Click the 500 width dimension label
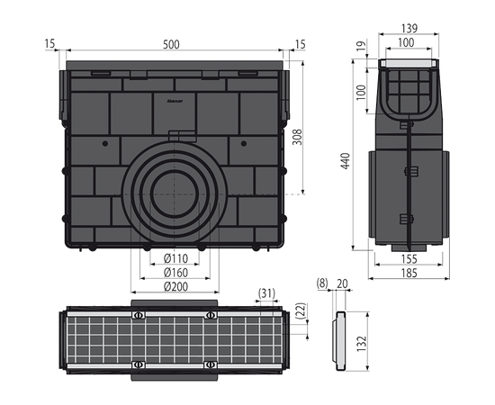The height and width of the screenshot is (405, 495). pos(171,44)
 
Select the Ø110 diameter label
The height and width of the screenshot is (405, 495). pos(175,258)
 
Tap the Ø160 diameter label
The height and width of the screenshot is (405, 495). pos(175,273)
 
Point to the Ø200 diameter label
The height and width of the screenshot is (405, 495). pos(175,286)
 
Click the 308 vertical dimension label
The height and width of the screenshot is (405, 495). pos(297,137)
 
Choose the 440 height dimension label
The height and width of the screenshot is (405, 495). pos(346,161)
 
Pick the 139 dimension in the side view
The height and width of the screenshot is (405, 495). pos(409,29)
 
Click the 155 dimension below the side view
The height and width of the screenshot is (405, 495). pos(409,259)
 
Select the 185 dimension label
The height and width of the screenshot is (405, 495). pos(409,273)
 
